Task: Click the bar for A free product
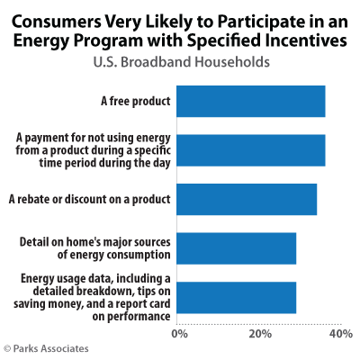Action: coord(250,101)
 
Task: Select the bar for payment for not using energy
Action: coord(250,149)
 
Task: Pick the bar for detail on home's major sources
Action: coord(236,248)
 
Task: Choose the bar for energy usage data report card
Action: coord(236,297)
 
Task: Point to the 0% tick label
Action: coord(179,335)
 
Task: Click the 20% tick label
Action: coord(260,335)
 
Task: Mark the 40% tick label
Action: coord(340,335)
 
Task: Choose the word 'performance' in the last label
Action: coord(136,316)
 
